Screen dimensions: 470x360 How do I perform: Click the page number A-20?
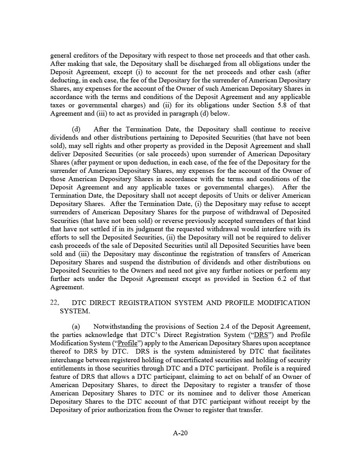point(180,433)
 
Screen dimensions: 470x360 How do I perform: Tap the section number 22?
point(54,303)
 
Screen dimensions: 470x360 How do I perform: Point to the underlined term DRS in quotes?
point(261,335)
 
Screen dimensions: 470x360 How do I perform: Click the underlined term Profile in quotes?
point(127,343)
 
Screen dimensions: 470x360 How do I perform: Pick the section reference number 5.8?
point(281,105)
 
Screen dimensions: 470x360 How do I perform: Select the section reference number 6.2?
point(281,279)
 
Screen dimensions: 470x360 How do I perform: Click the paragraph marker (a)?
point(76,326)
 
